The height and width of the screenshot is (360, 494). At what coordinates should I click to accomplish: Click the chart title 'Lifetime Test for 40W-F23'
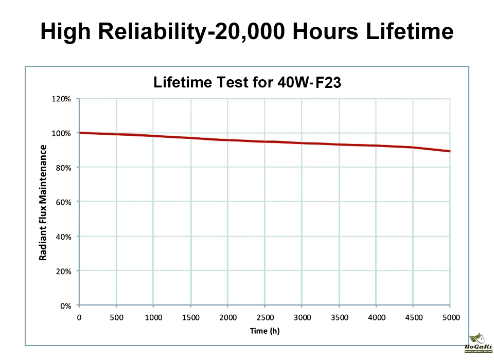[x=247, y=82]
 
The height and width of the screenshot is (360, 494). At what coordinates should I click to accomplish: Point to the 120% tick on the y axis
[x=62, y=99]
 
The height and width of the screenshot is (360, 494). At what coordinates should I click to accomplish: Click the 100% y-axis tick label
[x=62, y=133]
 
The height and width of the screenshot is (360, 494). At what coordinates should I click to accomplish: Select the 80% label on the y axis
[x=64, y=168]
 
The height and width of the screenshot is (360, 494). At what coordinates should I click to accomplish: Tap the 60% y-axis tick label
[x=64, y=202]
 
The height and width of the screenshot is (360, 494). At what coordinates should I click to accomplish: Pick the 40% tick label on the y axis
[x=64, y=237]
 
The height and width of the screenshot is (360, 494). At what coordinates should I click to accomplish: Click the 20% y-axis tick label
[x=64, y=271]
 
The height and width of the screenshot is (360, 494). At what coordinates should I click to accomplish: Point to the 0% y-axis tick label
[x=66, y=305]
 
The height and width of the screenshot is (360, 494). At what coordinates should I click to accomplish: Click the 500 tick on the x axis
[x=116, y=317]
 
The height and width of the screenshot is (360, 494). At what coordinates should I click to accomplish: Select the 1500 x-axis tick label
[x=190, y=317]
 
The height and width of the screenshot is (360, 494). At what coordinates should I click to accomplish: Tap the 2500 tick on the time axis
[x=264, y=317]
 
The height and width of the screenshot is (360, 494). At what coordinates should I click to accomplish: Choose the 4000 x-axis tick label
[x=376, y=317]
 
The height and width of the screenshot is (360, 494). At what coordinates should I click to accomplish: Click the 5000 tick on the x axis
[x=451, y=317]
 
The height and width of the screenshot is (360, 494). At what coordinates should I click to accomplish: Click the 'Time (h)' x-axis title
[x=264, y=331]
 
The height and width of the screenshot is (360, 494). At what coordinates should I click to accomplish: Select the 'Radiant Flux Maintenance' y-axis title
[x=44, y=202]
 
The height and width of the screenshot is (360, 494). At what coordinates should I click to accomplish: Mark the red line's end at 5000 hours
[x=450, y=151]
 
